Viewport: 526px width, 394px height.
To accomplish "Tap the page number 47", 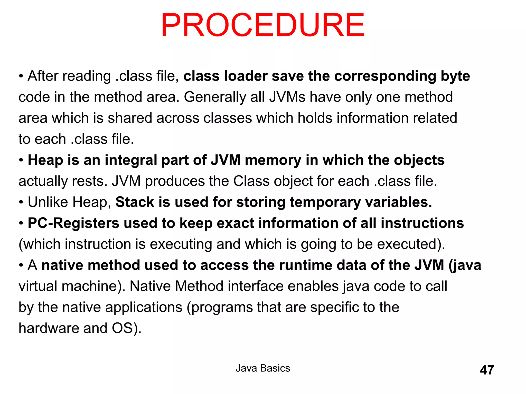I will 487,370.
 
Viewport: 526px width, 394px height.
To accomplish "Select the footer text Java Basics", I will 263,368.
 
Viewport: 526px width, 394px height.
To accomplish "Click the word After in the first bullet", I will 43,76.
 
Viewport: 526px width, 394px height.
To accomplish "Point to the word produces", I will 175,181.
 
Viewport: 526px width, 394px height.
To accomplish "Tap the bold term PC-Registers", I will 73,223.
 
